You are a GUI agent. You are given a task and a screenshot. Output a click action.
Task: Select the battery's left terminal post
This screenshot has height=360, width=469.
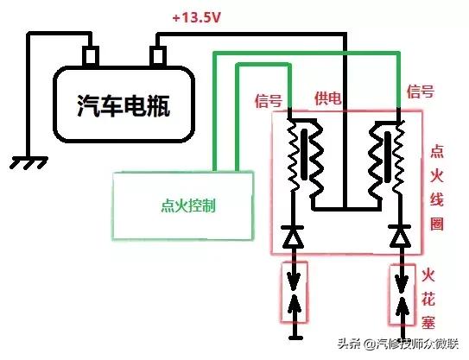(x=90, y=56)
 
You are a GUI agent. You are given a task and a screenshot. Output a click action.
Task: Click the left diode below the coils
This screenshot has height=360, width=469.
(x=294, y=235)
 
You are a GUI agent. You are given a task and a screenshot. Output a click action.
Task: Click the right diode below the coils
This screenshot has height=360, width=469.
(x=398, y=235)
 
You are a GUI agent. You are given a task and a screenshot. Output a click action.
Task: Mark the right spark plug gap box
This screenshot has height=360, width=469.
(x=398, y=294)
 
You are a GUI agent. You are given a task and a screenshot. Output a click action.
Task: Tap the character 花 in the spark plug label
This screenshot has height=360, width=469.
(x=429, y=299)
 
